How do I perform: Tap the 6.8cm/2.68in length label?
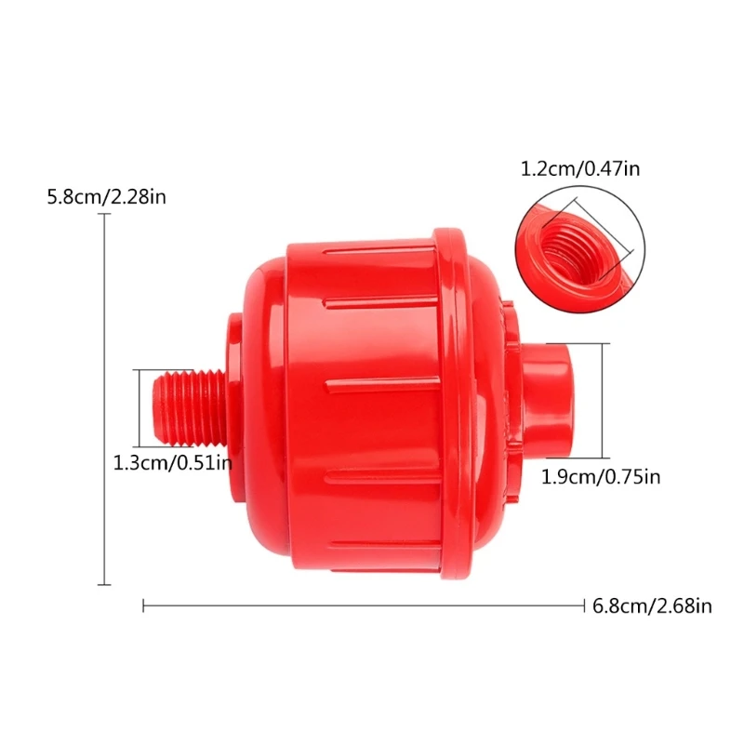pos(652,606)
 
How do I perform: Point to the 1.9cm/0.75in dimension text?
pos(601,477)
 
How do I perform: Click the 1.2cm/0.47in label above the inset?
pos(580,168)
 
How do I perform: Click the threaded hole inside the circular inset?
pos(569,244)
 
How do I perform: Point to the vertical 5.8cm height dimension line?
pos(104,400)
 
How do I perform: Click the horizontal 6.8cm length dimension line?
pos(363,606)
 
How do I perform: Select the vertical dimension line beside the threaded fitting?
pos(142,406)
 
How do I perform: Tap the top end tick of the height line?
pos(104,215)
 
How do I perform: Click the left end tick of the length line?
pos(143,606)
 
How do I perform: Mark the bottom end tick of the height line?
pos(104,584)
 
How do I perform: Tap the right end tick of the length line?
pos(583,606)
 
